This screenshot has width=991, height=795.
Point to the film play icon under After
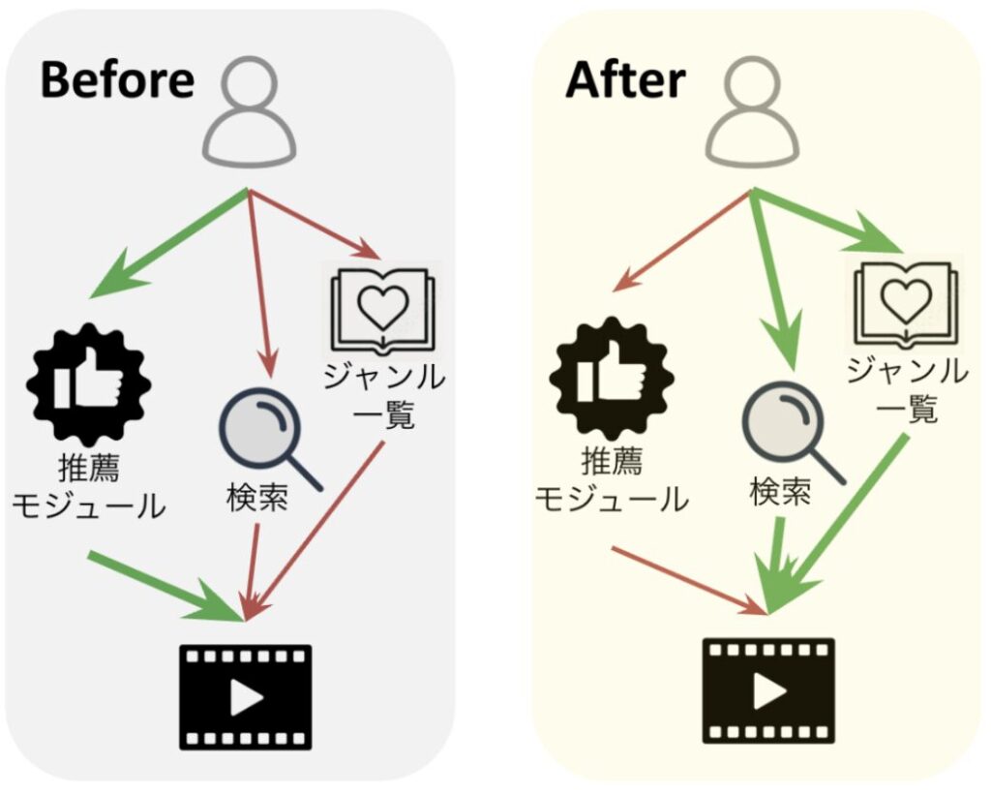pyautogui.click(x=767, y=689)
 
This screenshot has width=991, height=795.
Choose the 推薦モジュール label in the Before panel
pyautogui.click(x=94, y=489)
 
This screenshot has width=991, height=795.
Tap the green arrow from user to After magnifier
pyautogui.click(x=773, y=281)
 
